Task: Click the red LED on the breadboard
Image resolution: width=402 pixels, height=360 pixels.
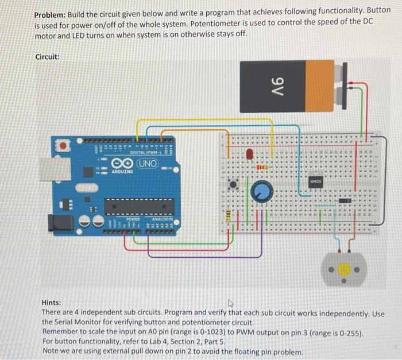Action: point(250,154)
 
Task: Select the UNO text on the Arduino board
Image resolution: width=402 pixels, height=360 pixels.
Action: point(148,163)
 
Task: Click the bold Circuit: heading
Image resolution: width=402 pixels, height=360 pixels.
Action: point(48,57)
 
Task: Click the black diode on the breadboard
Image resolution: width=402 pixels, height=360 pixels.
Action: point(345,200)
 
